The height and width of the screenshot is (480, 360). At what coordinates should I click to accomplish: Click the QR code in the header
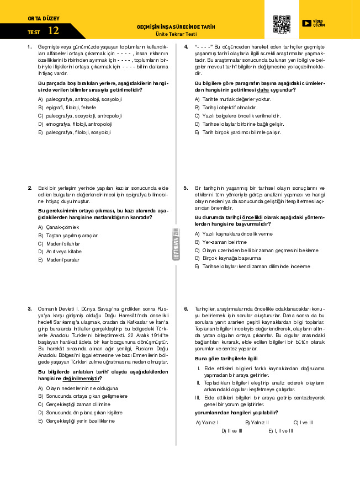(282, 24)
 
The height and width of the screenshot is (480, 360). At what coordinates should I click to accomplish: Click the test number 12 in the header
(53, 30)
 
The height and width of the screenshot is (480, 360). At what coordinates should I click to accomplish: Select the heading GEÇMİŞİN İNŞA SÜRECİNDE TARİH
(176, 26)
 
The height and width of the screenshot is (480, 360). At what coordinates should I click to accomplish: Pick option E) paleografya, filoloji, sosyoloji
(74, 132)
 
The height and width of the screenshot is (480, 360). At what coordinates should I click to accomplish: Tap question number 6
(186, 309)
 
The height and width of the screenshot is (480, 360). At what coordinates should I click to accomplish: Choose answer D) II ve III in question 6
(231, 430)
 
